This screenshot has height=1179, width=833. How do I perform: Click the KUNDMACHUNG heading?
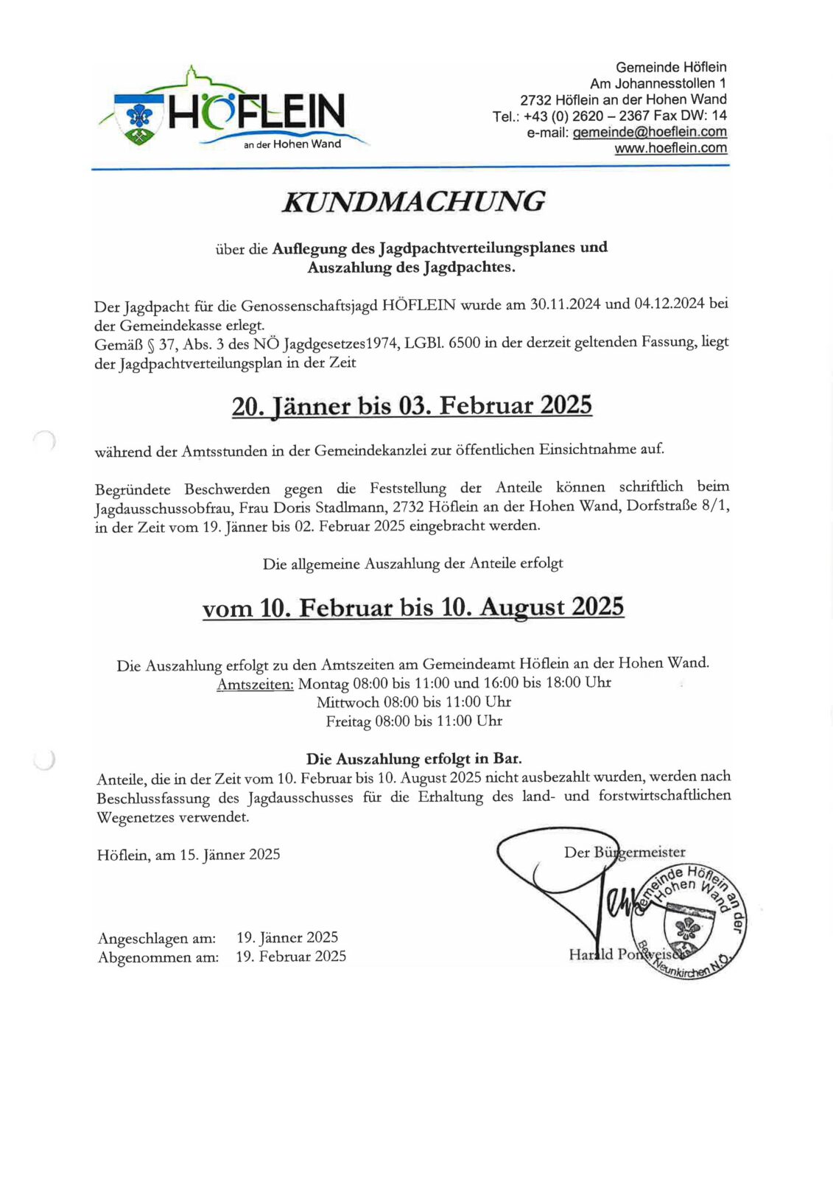point(413,201)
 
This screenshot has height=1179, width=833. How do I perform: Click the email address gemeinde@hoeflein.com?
point(649,132)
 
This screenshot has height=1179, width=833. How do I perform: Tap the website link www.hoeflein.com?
point(670,148)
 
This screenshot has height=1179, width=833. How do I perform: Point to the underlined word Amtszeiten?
point(255,685)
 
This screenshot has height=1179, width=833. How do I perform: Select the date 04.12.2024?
point(669,304)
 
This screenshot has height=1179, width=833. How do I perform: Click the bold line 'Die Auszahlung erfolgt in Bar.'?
point(414,758)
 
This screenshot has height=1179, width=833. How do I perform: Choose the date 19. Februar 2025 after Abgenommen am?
point(291,956)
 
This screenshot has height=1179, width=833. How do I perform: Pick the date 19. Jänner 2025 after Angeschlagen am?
point(287,937)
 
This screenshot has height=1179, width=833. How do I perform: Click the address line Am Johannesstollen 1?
point(658,83)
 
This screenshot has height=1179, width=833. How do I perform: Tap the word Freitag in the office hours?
point(348,721)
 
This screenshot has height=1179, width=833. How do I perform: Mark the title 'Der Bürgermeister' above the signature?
point(625,852)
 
